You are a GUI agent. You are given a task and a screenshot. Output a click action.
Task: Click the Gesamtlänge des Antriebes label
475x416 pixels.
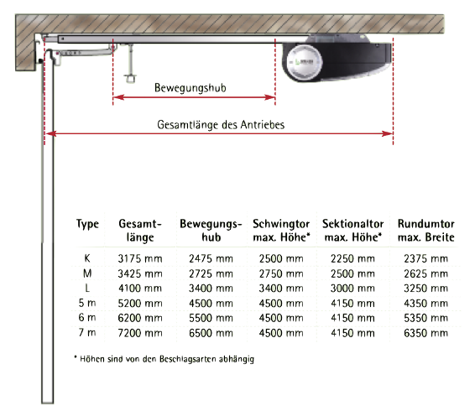pyautogui.click(x=221, y=124)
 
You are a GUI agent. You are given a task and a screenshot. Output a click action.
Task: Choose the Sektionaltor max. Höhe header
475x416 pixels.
pyautogui.click(x=352, y=230)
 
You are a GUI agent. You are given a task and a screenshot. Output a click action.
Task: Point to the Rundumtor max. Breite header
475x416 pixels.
pyautogui.click(x=425, y=230)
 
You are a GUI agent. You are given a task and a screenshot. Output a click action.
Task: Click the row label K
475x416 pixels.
pyautogui.click(x=90, y=258)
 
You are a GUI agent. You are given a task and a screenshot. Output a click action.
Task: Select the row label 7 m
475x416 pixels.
pyautogui.click(x=90, y=333)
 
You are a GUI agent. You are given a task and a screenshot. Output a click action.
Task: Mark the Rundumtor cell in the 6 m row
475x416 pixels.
pyautogui.click(x=425, y=318)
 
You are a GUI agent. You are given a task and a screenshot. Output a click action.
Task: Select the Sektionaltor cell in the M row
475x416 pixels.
pyautogui.click(x=352, y=273)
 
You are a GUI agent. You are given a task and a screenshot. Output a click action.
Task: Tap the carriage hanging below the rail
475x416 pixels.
pyautogui.click(x=129, y=67)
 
